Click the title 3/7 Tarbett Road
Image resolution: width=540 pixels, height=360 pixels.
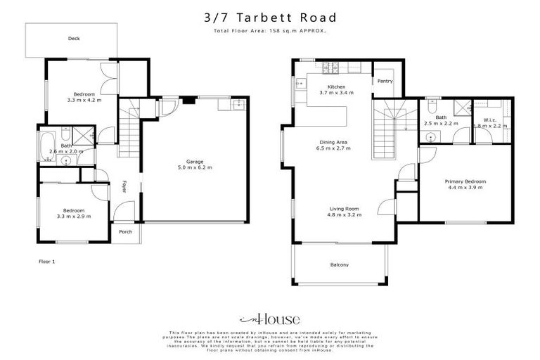point(270,17)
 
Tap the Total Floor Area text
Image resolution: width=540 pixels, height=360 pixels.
point(270,31)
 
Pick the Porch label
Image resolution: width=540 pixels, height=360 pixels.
point(125,232)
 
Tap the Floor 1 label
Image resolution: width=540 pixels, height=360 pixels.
point(46,261)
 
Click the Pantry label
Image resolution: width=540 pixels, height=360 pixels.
point(385,81)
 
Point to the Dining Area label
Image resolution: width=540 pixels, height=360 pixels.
point(333,143)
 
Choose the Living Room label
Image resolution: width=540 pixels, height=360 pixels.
point(345,209)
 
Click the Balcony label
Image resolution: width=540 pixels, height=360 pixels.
point(340,265)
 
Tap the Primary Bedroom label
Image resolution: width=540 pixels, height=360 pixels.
point(465,181)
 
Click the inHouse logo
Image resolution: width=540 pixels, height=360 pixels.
point(270,319)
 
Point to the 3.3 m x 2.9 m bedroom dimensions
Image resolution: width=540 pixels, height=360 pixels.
point(74,217)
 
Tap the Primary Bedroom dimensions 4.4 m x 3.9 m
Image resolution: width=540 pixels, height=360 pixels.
point(465,188)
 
